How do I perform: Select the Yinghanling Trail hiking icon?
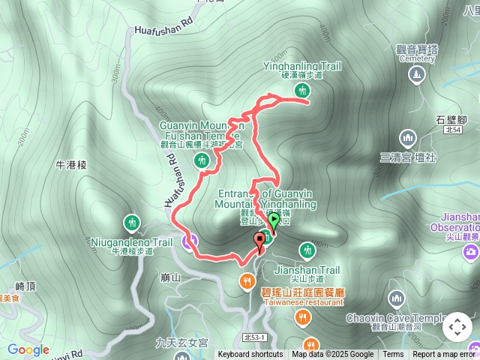[x=303, y=91]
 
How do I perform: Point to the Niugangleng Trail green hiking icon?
[x=132, y=222]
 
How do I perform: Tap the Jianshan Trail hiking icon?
[x=306, y=249]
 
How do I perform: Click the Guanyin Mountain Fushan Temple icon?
[x=200, y=160]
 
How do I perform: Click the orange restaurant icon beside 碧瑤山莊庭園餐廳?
[x=246, y=282]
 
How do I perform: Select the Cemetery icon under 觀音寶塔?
[x=416, y=75]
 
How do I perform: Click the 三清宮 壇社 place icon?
[x=408, y=138]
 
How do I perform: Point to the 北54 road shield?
[x=452, y=130]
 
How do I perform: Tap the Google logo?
[x=28, y=349]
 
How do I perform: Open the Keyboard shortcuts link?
[x=250, y=355]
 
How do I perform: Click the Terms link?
[x=393, y=355]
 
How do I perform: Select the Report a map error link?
[x=446, y=355]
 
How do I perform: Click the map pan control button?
[x=457, y=327]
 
